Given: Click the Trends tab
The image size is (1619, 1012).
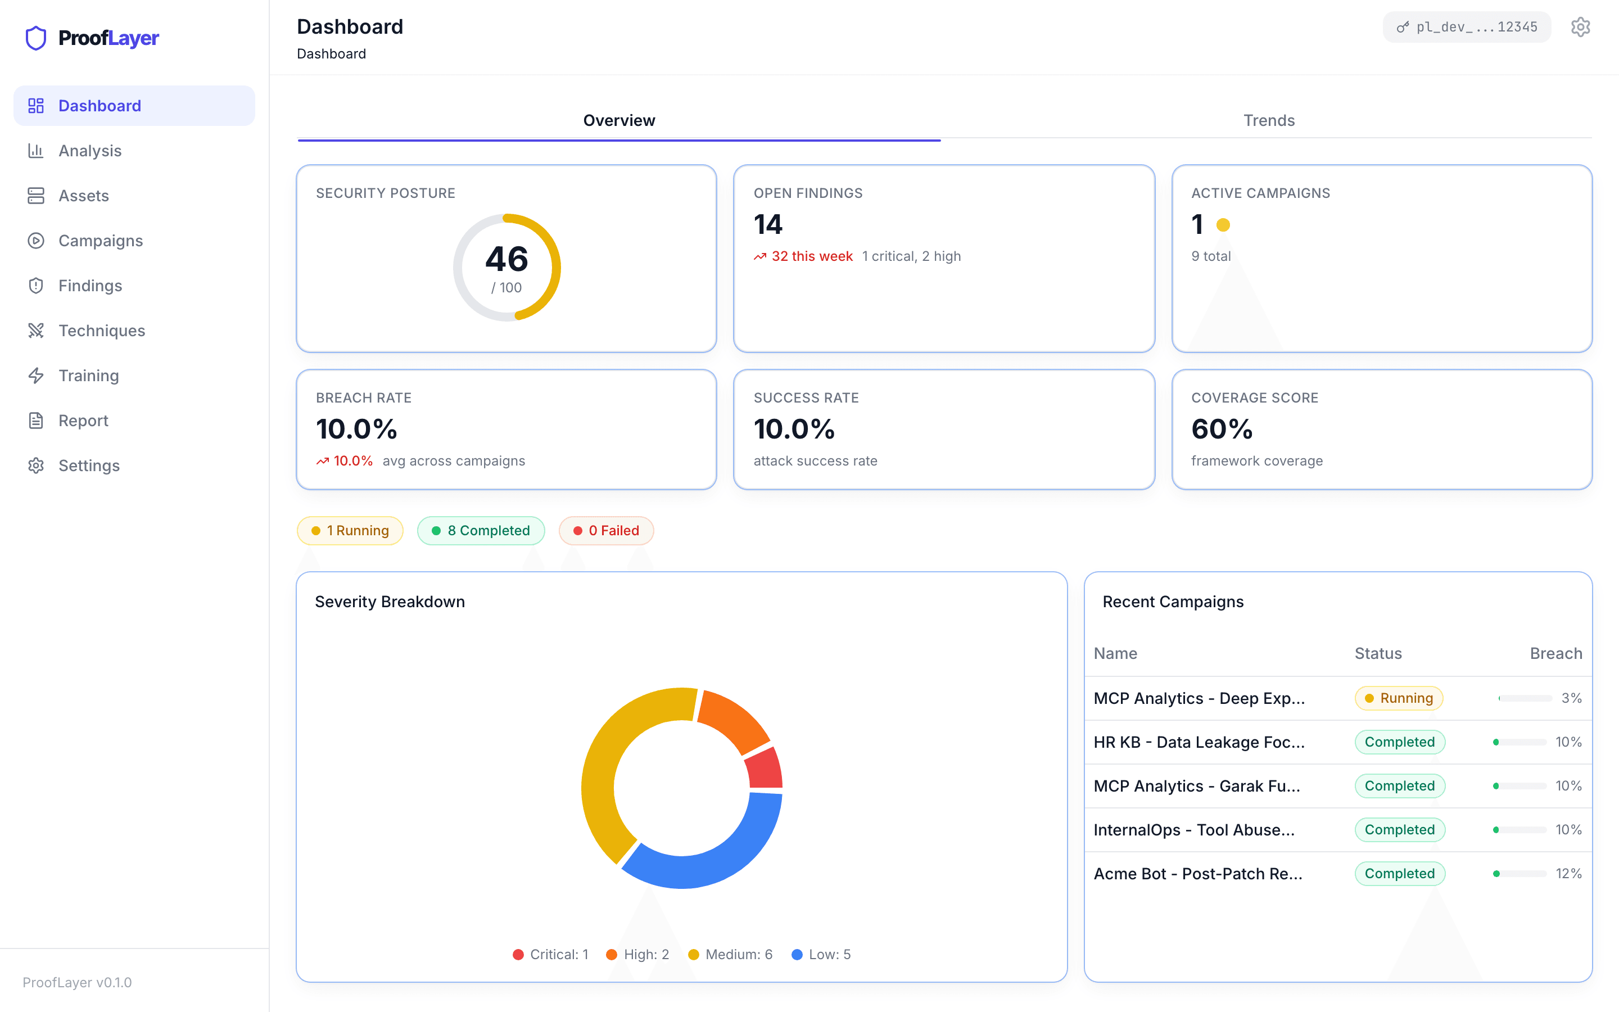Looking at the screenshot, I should (x=1268, y=120).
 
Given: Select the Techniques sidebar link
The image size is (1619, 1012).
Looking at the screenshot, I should (x=101, y=331).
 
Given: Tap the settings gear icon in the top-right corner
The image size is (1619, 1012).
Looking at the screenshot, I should (x=1580, y=27).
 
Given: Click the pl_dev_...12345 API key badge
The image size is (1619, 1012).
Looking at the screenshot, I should (x=1467, y=27).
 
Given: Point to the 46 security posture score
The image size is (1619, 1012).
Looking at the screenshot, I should (x=506, y=260).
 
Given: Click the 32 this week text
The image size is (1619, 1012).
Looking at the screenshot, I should (x=812, y=256).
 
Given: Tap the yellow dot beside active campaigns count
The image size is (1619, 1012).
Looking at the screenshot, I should (x=1223, y=225).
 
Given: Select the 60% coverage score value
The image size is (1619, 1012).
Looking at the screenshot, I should (x=1222, y=429).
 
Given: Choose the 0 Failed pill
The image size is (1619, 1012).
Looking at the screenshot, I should (x=606, y=531).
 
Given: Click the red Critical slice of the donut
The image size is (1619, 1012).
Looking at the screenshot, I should (x=765, y=769).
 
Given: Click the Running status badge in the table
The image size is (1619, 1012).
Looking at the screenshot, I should (x=1398, y=698).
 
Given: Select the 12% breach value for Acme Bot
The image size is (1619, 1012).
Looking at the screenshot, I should (x=1568, y=874).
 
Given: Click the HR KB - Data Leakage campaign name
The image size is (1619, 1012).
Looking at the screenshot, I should (x=1198, y=742).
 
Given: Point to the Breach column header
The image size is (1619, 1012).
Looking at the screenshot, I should (x=1555, y=653).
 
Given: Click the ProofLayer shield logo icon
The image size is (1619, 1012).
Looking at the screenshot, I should (x=36, y=38).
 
